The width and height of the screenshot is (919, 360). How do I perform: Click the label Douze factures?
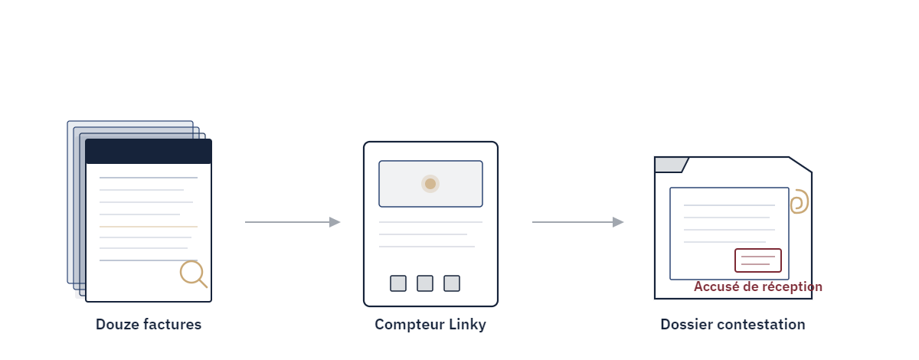[149, 324]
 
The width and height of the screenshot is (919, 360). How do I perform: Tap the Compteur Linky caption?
[430, 324]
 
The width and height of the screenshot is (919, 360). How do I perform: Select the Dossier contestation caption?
[733, 324]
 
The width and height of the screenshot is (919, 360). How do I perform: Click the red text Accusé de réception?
[758, 286]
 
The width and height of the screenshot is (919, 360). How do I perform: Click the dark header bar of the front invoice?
[149, 152]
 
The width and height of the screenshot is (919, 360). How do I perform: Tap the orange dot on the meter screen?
[430, 184]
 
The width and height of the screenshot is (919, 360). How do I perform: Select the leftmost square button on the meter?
[398, 283]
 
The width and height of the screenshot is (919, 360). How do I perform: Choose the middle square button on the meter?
[425, 283]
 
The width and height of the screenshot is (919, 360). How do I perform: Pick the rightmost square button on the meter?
[452, 283]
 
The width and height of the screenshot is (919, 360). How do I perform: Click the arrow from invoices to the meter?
[293, 222]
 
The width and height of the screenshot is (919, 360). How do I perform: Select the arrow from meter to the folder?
[577, 222]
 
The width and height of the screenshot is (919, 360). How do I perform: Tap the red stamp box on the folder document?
[758, 260]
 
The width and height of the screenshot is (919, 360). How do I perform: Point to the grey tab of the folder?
[671, 165]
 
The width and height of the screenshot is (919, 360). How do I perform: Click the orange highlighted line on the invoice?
[149, 227]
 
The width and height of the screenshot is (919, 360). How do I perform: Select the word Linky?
[467, 324]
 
